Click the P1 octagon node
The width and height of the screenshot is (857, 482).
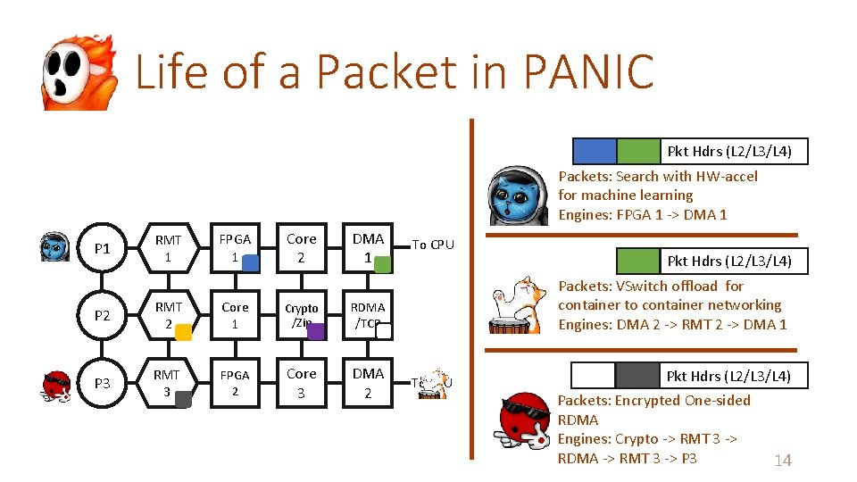[103, 248]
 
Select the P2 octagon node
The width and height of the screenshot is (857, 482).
[103, 315]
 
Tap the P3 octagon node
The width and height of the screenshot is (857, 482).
[103, 383]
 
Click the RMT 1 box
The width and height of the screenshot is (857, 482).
[168, 248]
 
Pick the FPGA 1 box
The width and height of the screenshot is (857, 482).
[235, 248]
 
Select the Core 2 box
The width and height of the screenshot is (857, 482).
[301, 248]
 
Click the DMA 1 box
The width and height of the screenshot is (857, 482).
[367, 248]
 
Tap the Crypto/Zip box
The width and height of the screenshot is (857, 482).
[301, 315]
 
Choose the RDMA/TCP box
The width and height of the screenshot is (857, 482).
[367, 315]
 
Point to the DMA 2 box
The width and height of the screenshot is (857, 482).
[367, 383]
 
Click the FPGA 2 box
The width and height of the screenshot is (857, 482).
[235, 383]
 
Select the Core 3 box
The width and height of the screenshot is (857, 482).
[301, 383]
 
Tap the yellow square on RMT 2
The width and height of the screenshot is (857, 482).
[182, 332]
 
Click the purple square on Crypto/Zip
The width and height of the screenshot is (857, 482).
[315, 332]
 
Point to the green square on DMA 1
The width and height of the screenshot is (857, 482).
[382, 264]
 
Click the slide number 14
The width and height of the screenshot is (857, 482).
[782, 461]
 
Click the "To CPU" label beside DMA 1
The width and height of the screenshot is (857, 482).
[432, 245]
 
